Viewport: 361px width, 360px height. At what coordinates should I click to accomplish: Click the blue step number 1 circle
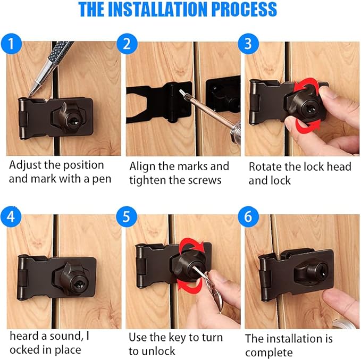coord(12,43)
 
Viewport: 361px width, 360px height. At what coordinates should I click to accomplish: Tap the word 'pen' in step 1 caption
coord(100,179)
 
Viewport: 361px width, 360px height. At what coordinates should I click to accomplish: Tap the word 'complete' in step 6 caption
coord(268,353)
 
